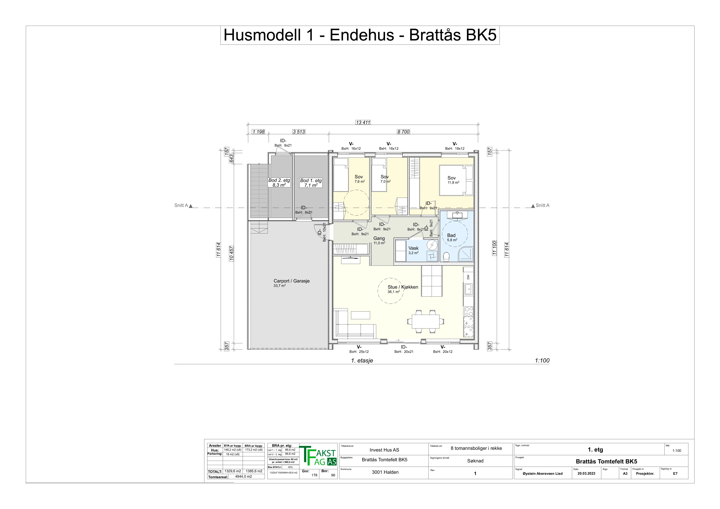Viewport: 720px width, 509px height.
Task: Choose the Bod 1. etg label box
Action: (x=311, y=183)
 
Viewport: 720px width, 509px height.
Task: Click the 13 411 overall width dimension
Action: (x=363, y=123)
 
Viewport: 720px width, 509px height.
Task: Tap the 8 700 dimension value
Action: (x=404, y=132)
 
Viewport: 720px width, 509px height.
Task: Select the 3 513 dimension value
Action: (x=299, y=132)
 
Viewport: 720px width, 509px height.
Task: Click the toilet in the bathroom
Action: (x=446, y=256)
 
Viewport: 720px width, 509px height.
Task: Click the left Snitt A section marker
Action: (x=183, y=206)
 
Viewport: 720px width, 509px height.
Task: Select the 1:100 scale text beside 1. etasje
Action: (x=542, y=360)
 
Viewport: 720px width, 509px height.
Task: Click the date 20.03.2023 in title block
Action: (x=586, y=474)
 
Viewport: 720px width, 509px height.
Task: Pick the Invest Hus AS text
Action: (x=384, y=450)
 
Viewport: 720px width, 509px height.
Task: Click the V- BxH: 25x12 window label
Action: (x=359, y=349)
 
